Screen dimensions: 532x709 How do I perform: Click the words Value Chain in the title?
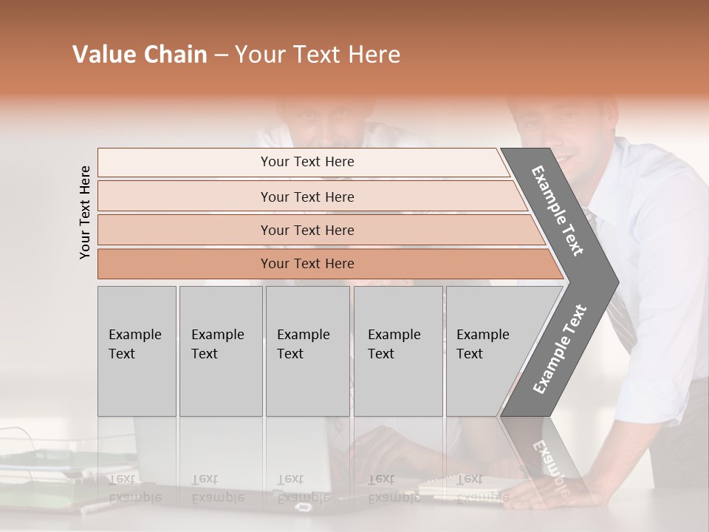click(140, 55)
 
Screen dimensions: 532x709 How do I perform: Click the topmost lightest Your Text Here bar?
click(306, 162)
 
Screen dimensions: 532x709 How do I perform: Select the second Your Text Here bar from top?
click(306, 197)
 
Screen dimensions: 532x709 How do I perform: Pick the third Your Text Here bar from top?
click(306, 230)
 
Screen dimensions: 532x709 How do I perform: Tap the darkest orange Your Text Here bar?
click(306, 264)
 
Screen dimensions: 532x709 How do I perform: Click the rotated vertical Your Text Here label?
click(86, 212)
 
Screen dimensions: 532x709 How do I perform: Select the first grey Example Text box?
click(137, 351)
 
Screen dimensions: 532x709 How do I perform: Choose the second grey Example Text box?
click(220, 351)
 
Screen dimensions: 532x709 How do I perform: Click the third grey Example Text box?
click(307, 351)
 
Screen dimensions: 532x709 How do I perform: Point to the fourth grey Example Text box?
click(397, 351)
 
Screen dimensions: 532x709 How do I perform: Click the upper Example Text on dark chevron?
click(558, 211)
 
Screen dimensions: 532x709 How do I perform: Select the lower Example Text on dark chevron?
click(560, 349)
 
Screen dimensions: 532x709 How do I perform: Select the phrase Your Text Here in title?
click(318, 55)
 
